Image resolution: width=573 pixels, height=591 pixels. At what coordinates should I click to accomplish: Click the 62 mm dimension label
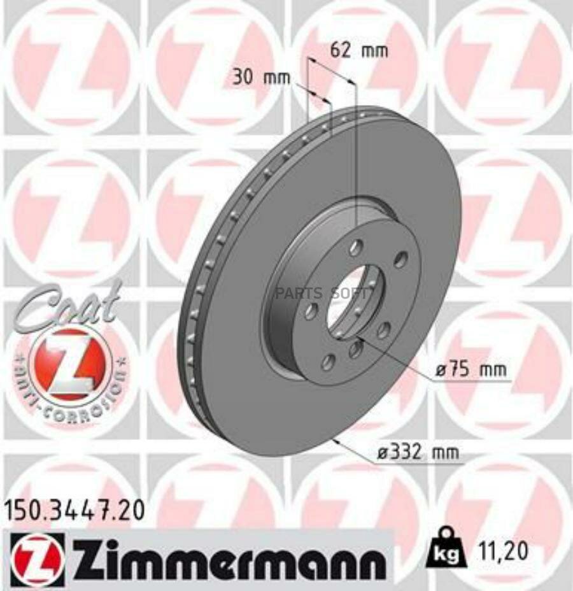[x=360, y=50]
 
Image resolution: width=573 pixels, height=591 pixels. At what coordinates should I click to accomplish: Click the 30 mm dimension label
[x=260, y=78]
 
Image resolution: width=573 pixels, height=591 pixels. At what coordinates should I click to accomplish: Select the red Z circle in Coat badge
[x=69, y=364]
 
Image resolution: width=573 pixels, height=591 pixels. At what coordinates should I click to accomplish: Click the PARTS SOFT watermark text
[x=322, y=294]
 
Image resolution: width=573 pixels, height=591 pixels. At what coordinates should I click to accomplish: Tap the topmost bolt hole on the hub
[x=357, y=247]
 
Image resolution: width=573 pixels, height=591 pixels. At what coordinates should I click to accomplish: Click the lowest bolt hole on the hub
[x=328, y=363]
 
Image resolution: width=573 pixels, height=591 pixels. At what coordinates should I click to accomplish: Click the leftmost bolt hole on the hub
[x=311, y=311]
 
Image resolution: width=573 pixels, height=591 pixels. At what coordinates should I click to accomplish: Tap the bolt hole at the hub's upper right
[x=400, y=259]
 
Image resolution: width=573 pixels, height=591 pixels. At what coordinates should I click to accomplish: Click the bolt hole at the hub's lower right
[x=383, y=331]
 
